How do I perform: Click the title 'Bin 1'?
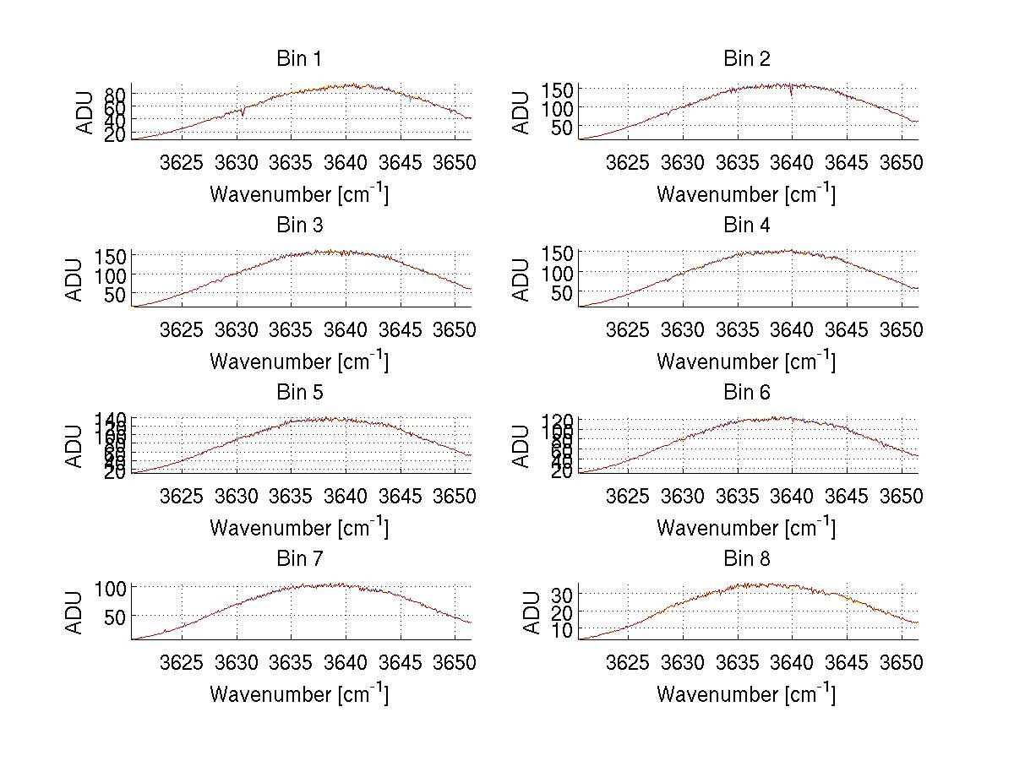(299, 59)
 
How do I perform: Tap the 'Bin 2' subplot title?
(747, 59)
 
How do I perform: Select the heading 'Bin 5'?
(299, 393)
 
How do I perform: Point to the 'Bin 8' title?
(747, 559)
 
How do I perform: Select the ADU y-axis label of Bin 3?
(74, 280)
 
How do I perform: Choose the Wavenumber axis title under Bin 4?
(746, 361)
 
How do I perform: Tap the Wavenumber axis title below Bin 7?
(299, 694)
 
